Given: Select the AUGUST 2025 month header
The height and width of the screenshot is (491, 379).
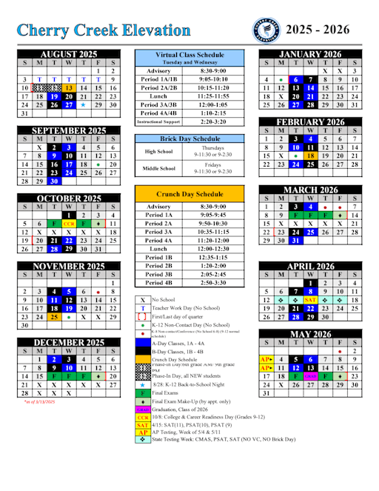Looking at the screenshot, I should click(68, 55).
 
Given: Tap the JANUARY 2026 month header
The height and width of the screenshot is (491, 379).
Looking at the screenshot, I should click(310, 55).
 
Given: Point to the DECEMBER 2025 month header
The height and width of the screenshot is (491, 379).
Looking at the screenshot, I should click(68, 341).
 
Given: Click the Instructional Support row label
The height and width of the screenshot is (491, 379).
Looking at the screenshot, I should click(158, 121).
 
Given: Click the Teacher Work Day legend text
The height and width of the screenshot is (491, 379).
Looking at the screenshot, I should click(185, 307).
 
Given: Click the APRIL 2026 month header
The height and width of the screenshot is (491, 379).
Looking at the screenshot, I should click(310, 266).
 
